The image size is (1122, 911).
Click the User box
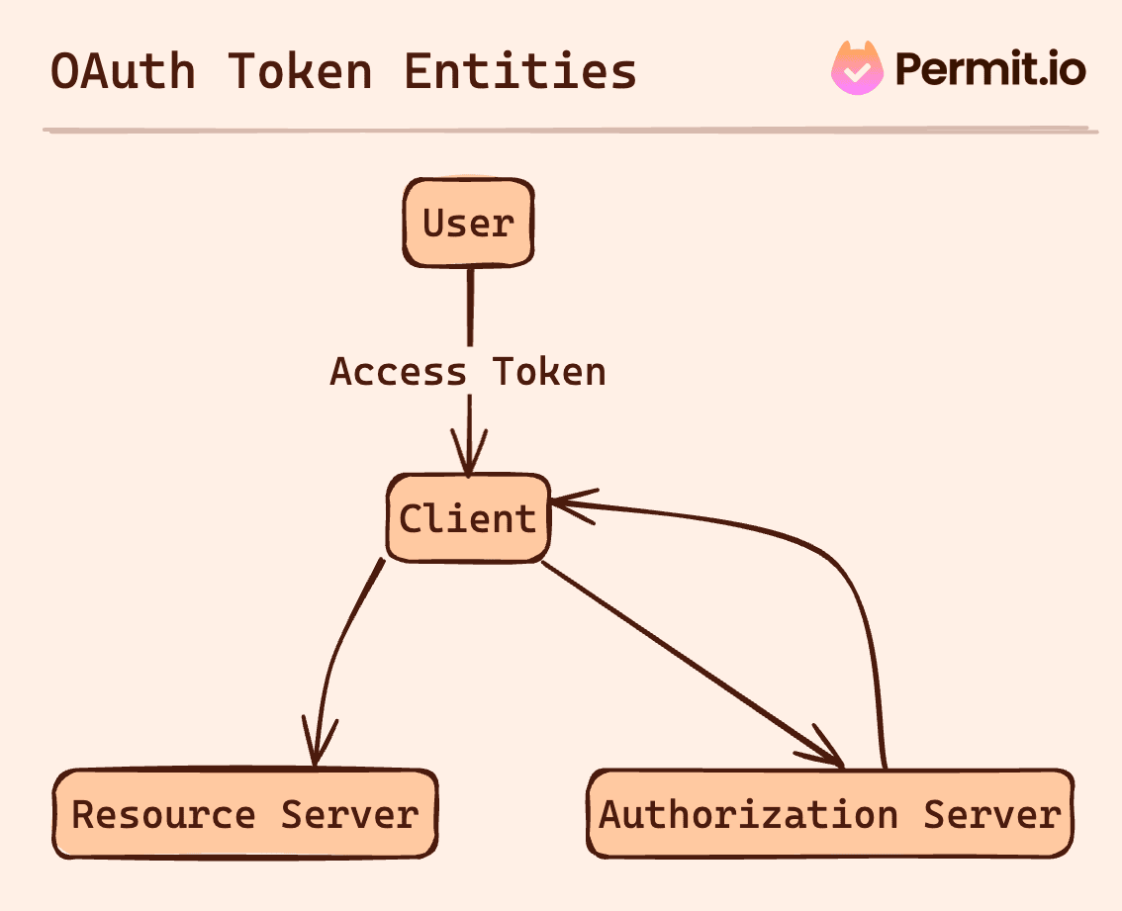(x=468, y=223)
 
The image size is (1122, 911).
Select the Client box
(x=467, y=518)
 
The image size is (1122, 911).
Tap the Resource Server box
(x=244, y=814)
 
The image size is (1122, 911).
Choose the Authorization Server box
(x=829, y=814)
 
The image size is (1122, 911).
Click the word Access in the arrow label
(x=398, y=372)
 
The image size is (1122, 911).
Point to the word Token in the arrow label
(x=549, y=372)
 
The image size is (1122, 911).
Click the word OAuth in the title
(x=123, y=72)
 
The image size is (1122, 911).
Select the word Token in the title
(x=300, y=72)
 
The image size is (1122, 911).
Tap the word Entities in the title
(x=520, y=72)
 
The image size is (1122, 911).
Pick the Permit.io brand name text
(x=990, y=69)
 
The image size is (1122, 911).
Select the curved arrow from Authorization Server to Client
(x=851, y=584)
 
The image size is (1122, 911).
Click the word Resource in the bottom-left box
(x=163, y=814)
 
